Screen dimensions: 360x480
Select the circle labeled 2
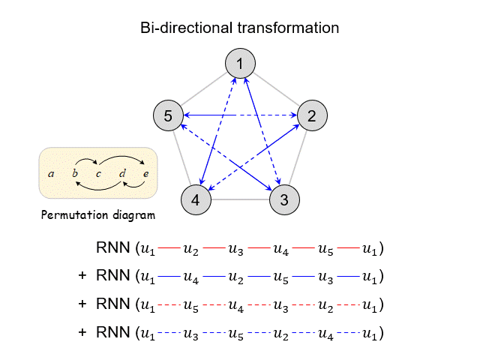[x=312, y=115]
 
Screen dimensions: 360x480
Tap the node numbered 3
[x=284, y=200]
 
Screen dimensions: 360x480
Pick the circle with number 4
[x=196, y=200]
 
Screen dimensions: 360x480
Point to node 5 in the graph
[x=168, y=115]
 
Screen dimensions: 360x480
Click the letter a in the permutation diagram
[x=51, y=174]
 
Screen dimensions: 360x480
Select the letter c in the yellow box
[x=98, y=174]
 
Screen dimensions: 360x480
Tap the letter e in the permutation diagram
[x=145, y=174]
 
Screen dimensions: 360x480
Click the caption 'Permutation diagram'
[x=98, y=216]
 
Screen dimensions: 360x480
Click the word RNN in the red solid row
[x=112, y=247]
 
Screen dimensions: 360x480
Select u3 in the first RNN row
[x=236, y=248]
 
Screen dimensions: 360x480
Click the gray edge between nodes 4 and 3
[x=240, y=200]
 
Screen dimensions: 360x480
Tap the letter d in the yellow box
[x=122, y=174]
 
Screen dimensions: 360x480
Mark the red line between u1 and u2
[x=169, y=247]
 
